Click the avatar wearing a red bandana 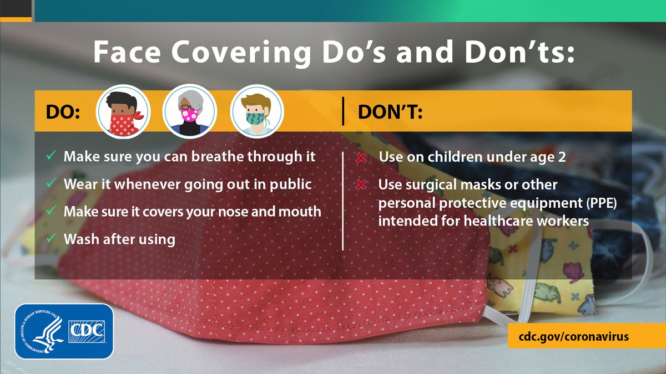[123, 111]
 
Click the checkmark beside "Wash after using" [51, 239]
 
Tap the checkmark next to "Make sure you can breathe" [51, 156]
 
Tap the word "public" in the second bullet [291, 183]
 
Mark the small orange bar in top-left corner [16, 19]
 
